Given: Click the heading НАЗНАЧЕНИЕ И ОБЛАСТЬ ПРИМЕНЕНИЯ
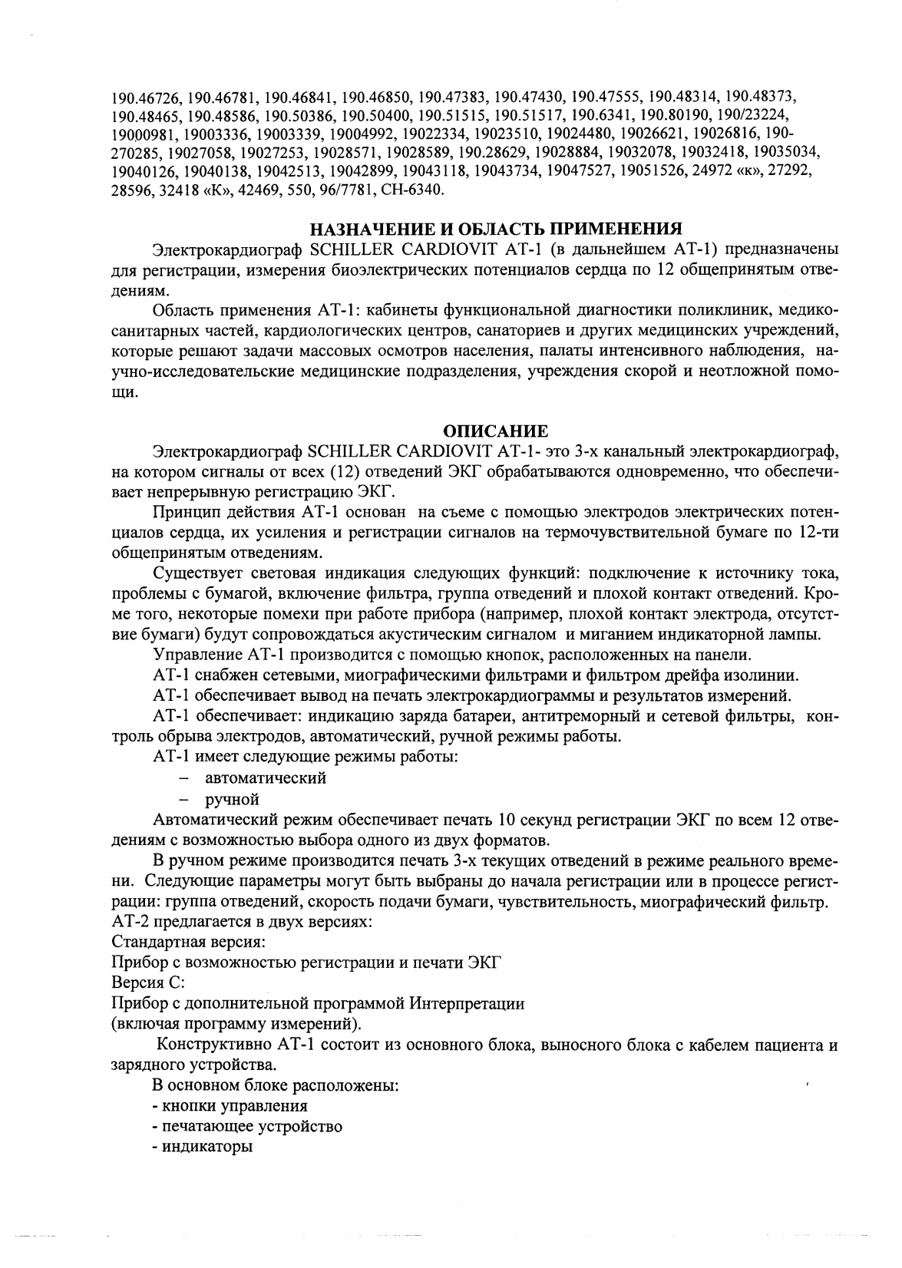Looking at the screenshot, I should click(x=496, y=229).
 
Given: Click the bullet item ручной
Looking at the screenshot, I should click(x=231, y=799).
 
